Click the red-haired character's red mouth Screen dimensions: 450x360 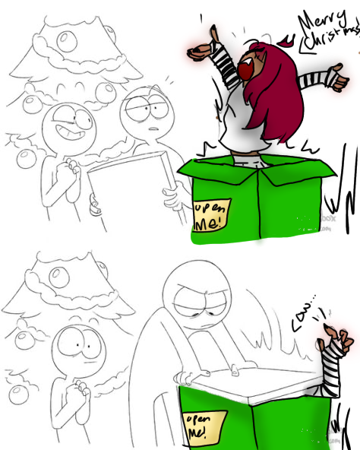coord(248,71)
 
